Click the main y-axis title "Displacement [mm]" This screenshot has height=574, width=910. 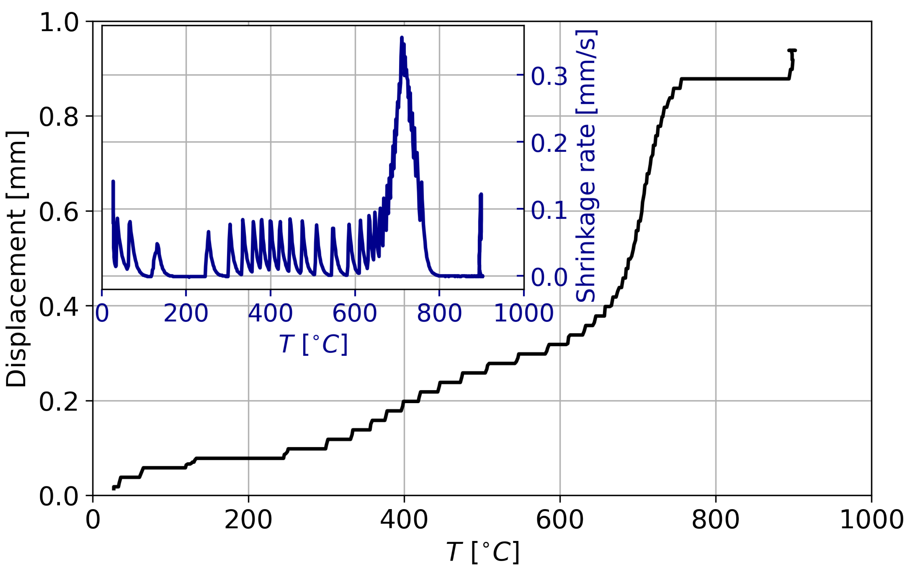pyautogui.click(x=17, y=259)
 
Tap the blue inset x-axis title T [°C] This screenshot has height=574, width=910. pyautogui.click(x=313, y=344)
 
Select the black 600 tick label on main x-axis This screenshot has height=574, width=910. pyautogui.click(x=560, y=520)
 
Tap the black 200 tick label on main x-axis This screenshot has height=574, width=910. pyautogui.click(x=248, y=520)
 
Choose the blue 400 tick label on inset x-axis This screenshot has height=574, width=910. pyautogui.click(x=270, y=313)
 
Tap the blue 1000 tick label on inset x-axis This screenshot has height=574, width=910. pyautogui.click(x=524, y=313)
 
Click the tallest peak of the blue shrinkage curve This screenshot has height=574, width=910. pyautogui.click(x=402, y=38)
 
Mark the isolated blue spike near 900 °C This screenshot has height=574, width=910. pyautogui.click(x=481, y=195)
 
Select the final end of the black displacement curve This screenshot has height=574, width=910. pyautogui.click(x=795, y=50)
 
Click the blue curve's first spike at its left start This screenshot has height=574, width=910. pyautogui.click(x=113, y=182)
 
